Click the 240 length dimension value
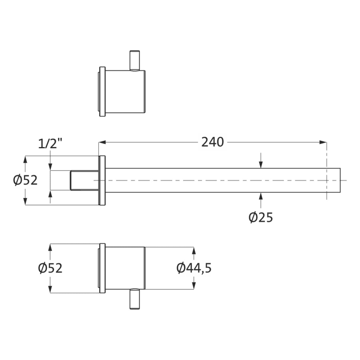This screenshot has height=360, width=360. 212,142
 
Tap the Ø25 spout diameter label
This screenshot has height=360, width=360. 260,218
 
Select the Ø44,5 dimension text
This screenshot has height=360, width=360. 194,268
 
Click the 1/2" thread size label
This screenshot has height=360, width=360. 50,144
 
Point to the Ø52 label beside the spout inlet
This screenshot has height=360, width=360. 25,181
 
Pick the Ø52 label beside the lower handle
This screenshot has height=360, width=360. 50,268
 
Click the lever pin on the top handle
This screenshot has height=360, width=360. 135,60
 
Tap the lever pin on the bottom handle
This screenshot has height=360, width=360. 135,299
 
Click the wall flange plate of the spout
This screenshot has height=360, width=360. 102,181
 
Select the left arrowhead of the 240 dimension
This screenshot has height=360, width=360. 102,142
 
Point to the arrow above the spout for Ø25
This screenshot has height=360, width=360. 261,164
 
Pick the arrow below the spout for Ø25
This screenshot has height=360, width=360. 261,196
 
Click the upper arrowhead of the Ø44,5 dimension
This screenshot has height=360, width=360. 194,250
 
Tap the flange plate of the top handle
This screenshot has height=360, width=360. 102,92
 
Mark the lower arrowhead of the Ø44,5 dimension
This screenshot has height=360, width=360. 194,285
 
